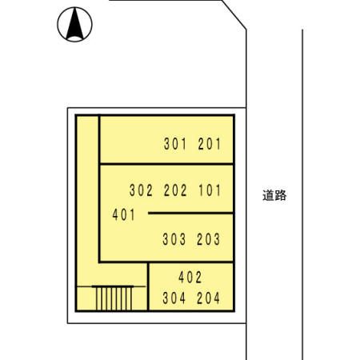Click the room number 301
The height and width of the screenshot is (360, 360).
coord(175,144)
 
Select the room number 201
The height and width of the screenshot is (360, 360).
coord(210,144)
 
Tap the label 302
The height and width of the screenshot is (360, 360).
coord(141,190)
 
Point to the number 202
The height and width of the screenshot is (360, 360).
coord(175,190)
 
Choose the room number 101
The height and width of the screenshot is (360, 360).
coord(210,190)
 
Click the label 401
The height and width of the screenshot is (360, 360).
coord(124,214)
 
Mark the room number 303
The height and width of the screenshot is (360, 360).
coord(174,239)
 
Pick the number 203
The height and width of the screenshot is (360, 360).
coord(208,239)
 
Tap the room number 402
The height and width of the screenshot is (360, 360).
coord(190,278)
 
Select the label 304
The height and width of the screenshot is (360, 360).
coord(174,298)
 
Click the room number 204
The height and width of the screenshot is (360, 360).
coord(208,298)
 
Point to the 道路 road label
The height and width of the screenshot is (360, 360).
coord(274,195)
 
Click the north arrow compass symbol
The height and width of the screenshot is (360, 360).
coord(74,24)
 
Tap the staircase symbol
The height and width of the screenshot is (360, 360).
coord(114,298)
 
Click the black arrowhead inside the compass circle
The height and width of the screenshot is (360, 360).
coord(75,23)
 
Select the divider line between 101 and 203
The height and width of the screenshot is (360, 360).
coord(190,213)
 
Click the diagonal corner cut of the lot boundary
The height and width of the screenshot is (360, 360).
coord(234,14)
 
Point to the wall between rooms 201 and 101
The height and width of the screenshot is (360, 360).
coord(166,163)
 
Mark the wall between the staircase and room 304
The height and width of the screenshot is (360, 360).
coord(148,286)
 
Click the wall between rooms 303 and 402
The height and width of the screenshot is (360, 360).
coord(190,262)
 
